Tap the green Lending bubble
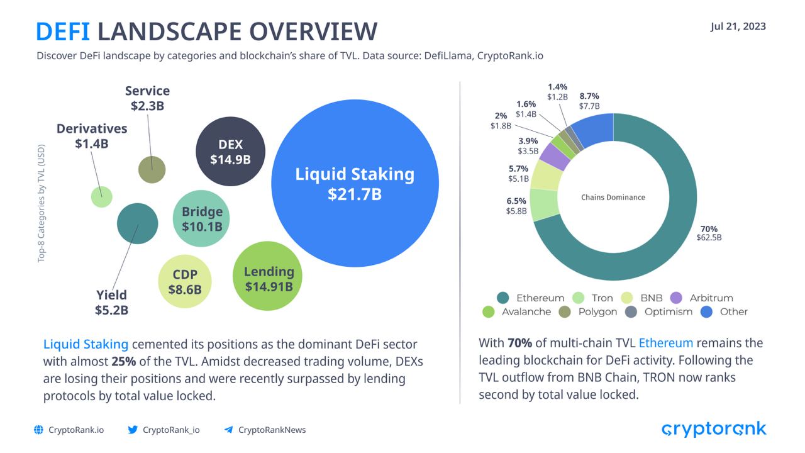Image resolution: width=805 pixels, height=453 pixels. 268,277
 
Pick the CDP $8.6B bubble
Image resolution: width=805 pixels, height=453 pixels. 184,281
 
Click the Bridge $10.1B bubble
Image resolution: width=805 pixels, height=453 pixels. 202,218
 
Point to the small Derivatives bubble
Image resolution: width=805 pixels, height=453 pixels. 101,196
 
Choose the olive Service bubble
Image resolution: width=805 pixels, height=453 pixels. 152,169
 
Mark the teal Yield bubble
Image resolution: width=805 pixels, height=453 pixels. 137,224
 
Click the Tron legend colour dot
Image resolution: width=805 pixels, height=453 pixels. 579,298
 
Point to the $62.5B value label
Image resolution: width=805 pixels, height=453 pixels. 709,238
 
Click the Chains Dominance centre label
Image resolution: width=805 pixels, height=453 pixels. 613,197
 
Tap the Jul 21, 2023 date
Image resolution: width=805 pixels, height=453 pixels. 738,26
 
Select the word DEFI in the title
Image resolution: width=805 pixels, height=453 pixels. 63,31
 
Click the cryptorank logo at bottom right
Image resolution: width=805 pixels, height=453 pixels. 714,429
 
